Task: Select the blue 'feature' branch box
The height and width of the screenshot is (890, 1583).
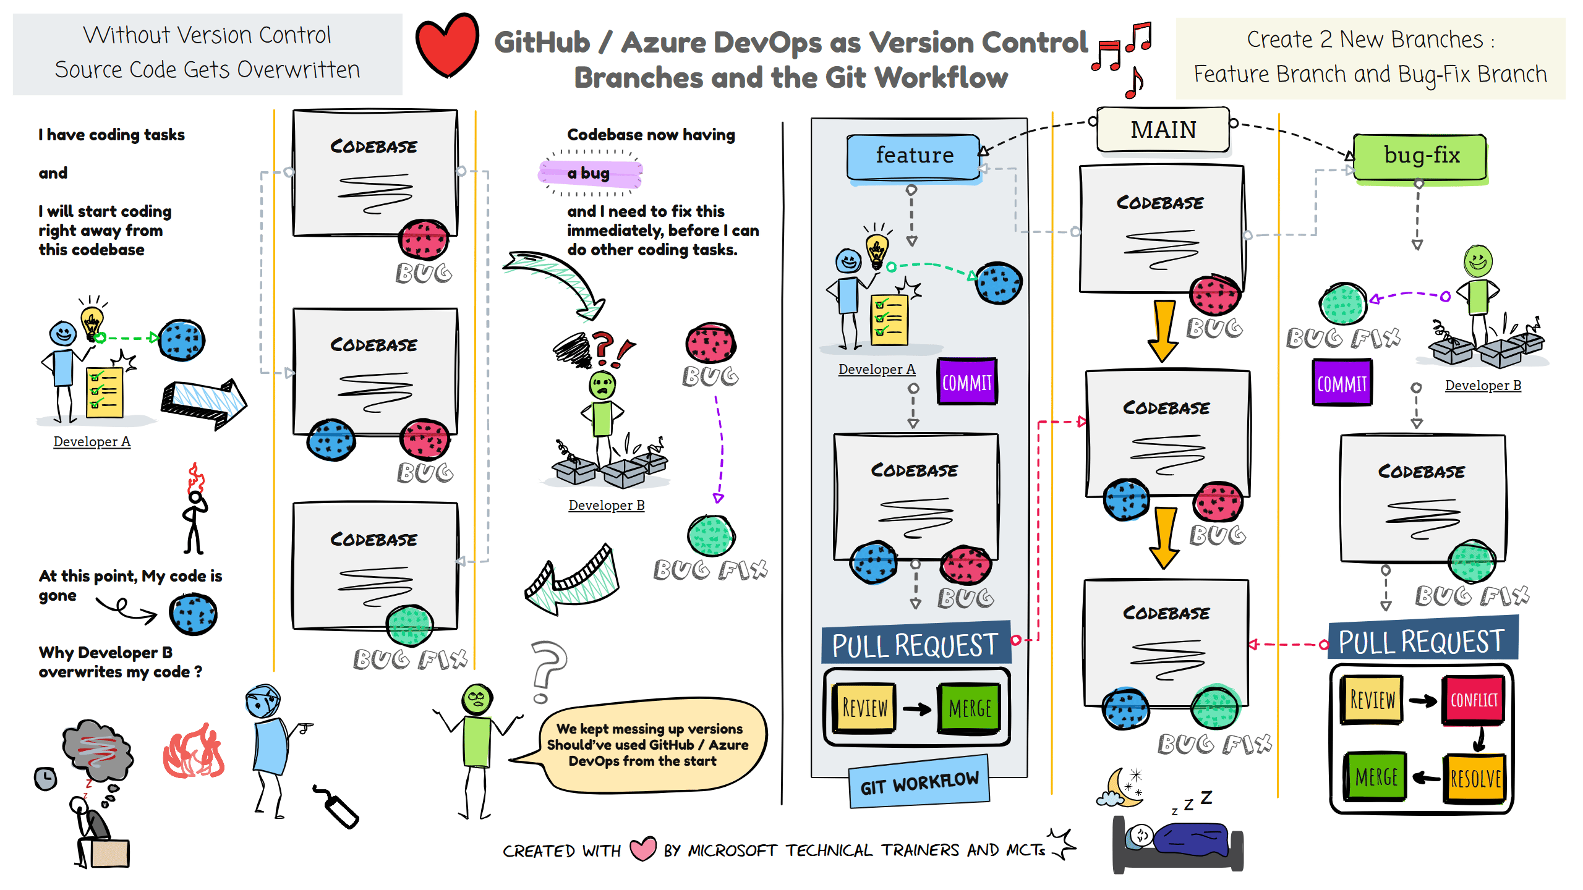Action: (x=914, y=156)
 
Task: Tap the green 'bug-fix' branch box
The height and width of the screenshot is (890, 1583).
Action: (x=1420, y=156)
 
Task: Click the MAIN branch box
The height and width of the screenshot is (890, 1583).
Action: (x=1163, y=130)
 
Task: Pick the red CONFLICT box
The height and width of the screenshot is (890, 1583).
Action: (x=1474, y=700)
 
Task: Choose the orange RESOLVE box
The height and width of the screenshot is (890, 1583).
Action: (x=1475, y=779)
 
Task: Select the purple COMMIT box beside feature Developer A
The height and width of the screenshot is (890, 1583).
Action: (x=966, y=382)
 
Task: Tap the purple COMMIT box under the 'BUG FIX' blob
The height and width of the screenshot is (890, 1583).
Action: (x=1341, y=384)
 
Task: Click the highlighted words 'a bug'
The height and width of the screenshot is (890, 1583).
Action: (x=589, y=173)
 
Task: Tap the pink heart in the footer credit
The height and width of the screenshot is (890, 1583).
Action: (x=642, y=849)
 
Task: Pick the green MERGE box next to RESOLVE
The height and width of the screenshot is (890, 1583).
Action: (x=1376, y=777)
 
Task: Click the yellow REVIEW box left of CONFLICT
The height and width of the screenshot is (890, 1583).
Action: (x=1372, y=700)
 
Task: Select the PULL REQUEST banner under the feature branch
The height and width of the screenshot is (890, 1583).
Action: (x=915, y=645)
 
